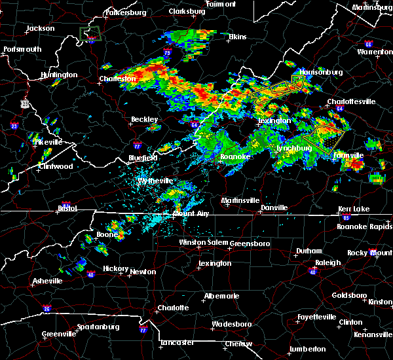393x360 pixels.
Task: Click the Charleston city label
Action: pos(117,79)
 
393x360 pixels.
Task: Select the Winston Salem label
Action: pos(203,242)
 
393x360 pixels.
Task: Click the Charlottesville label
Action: pos(351,101)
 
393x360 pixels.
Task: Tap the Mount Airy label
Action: pos(191,213)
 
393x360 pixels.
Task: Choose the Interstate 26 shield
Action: pos(47,309)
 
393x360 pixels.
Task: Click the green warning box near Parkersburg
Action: pos(90,33)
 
